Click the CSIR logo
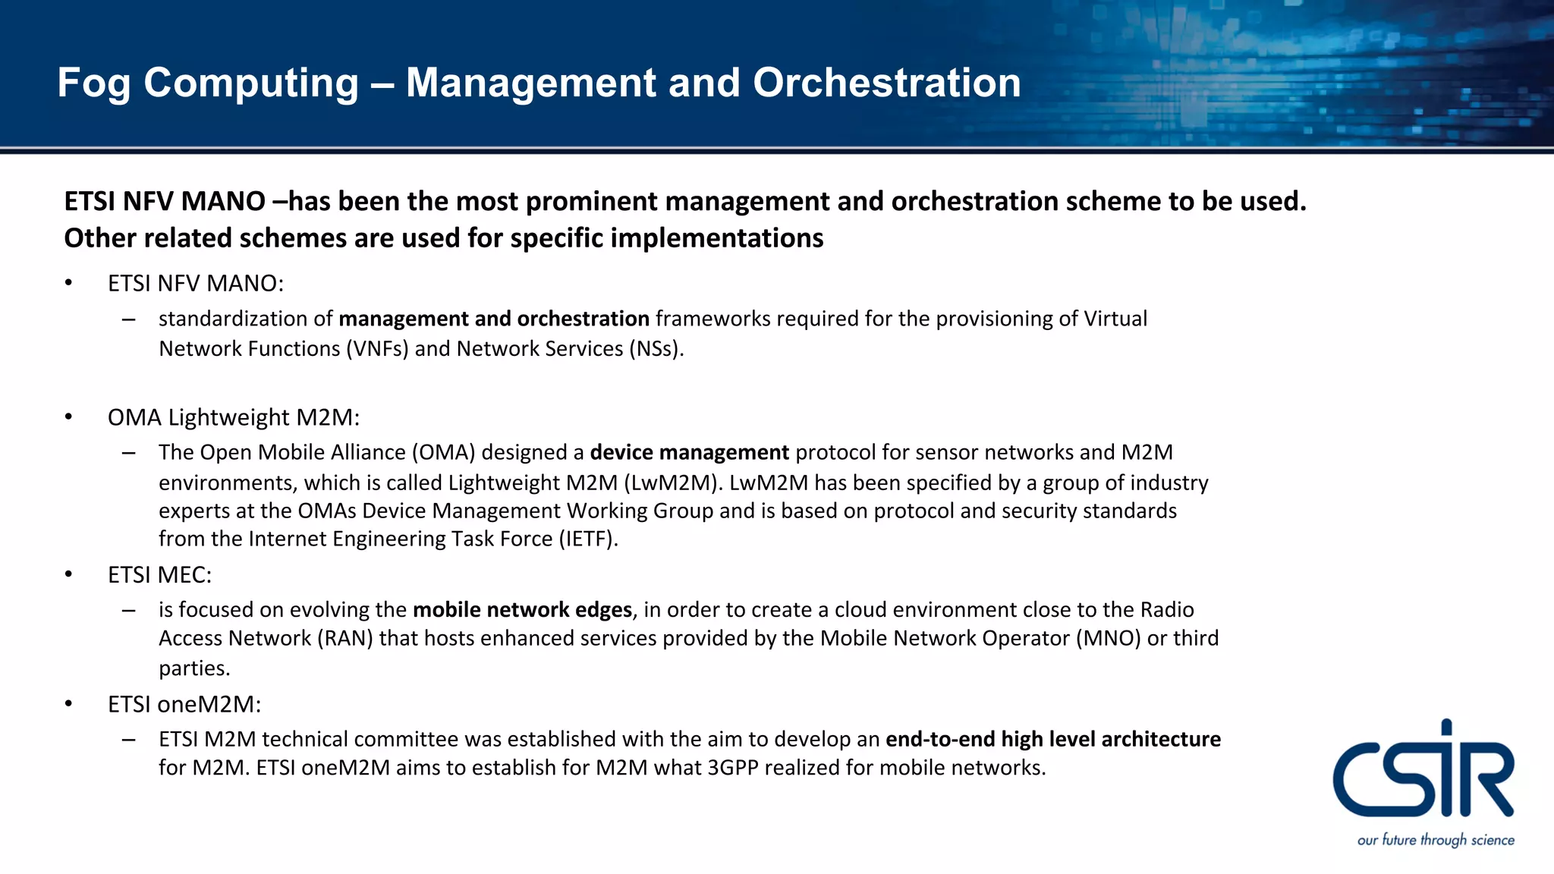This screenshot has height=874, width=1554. [x=1423, y=771]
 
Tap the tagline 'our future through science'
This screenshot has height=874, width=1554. [x=1436, y=840]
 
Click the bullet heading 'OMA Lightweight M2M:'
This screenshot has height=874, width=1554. [x=234, y=417]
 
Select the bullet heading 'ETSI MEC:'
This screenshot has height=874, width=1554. [x=159, y=575]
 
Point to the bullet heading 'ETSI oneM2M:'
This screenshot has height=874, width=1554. [x=184, y=704]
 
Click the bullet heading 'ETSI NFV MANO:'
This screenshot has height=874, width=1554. [x=196, y=283]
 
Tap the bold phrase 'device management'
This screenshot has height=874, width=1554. [x=689, y=452]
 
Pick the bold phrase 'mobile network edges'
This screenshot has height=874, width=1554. [x=522, y=610]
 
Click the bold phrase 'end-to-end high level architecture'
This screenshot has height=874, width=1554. [x=1053, y=739]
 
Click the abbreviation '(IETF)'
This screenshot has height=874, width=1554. [x=588, y=539]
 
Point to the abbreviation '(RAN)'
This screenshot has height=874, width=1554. [x=344, y=638]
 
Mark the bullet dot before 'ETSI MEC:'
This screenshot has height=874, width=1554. [x=68, y=574]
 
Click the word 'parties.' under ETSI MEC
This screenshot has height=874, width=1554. [x=194, y=668]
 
